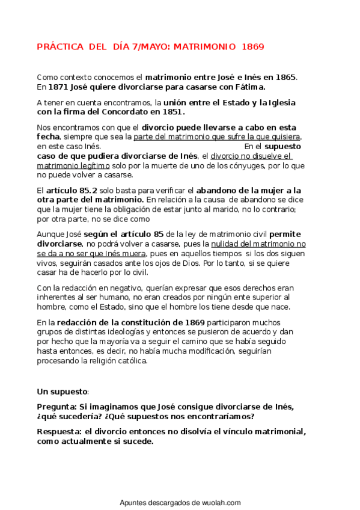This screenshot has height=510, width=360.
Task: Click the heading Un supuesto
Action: pyautogui.click(x=63, y=392)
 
